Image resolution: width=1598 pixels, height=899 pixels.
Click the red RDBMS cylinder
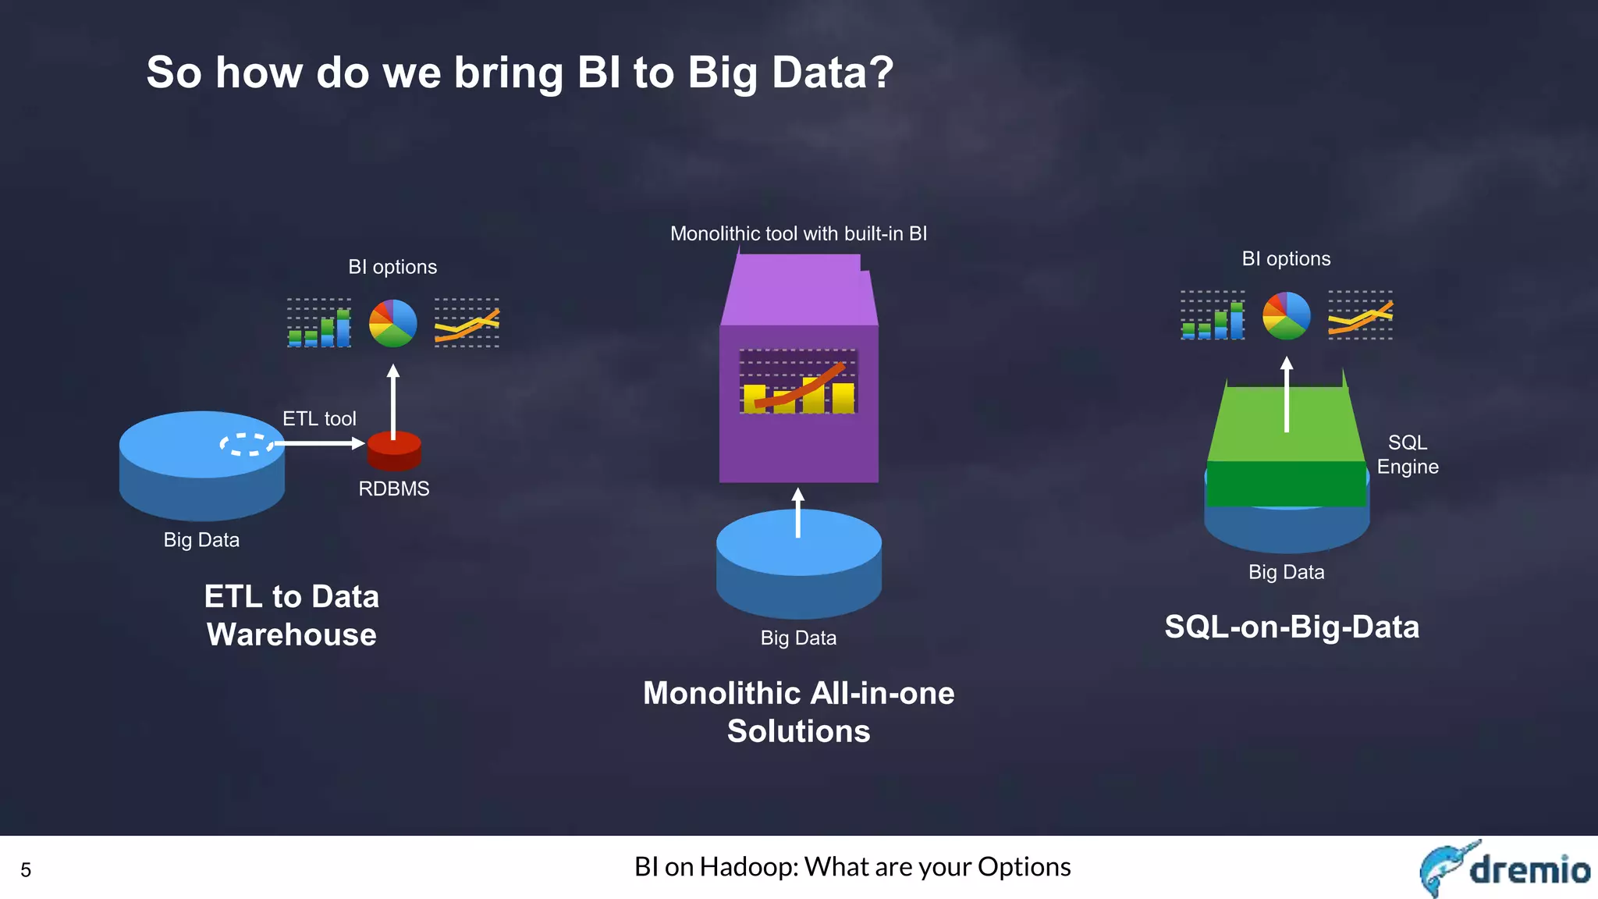click(x=394, y=451)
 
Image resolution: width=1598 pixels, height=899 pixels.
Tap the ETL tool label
click(x=319, y=419)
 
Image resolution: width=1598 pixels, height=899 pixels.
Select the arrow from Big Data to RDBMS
click(x=320, y=443)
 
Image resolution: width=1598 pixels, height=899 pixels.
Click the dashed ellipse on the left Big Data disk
click(x=247, y=444)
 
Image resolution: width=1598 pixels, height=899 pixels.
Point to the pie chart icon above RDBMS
click(x=392, y=323)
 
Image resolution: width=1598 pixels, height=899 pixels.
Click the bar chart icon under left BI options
click(x=319, y=323)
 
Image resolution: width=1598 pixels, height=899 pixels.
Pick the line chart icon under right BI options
click(x=1360, y=315)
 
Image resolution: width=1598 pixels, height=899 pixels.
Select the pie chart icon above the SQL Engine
click(x=1287, y=315)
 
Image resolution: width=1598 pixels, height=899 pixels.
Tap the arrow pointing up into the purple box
click(x=797, y=513)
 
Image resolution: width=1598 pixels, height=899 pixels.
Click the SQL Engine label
click(x=1407, y=454)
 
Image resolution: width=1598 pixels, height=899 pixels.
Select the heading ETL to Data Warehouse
click(x=292, y=616)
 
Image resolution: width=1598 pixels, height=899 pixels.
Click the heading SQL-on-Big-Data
click(x=1291, y=627)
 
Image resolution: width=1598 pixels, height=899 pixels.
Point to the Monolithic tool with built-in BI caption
click(x=798, y=233)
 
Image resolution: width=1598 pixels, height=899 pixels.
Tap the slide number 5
click(x=26, y=870)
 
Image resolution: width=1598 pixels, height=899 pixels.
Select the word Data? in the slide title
click(x=833, y=73)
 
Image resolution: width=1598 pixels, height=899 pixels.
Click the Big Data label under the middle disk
click(x=798, y=638)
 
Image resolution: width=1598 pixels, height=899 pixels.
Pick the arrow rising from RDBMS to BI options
click(x=393, y=402)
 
